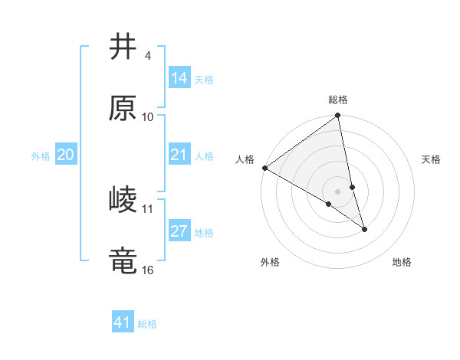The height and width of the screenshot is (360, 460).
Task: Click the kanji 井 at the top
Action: pos(123,47)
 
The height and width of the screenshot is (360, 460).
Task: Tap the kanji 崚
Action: pos(123,200)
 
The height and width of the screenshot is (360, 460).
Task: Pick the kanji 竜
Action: pos(123,261)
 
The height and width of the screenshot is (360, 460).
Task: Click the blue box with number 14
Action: pos(179,77)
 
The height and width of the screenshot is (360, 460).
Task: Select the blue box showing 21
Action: pos(179,155)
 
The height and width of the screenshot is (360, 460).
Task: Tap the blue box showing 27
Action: pos(179,231)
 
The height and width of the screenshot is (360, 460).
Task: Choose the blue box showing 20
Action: pos(65,155)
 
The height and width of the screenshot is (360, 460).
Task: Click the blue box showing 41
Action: pos(123,322)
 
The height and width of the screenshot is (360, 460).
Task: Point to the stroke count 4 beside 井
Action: pos(147,56)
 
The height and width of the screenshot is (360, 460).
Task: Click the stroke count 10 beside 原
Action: pos(148,117)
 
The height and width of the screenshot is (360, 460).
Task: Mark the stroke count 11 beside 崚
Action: pos(148,208)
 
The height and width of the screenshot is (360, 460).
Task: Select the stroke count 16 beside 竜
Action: pos(148,270)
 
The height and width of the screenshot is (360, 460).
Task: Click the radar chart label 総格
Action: pos(338,100)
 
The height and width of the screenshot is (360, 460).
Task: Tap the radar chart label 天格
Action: pos(432,159)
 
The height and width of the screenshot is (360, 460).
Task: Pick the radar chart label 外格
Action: pos(270,262)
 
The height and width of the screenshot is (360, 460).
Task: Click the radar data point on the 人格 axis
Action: pos(264,168)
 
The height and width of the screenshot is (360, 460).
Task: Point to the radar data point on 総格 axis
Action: pos(338,116)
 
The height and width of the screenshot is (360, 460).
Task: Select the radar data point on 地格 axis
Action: pos(364,229)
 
